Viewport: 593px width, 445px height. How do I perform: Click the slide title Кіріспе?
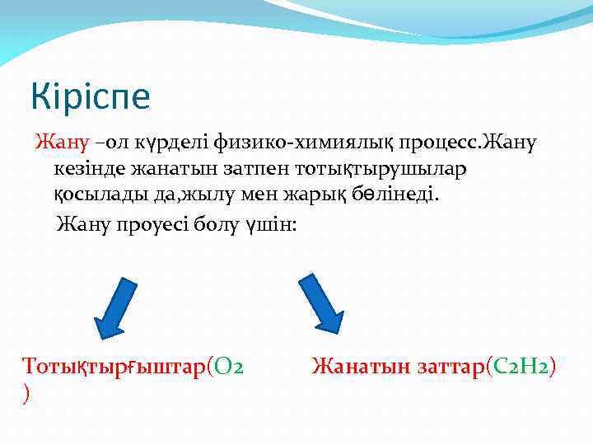pyautogui.click(x=91, y=96)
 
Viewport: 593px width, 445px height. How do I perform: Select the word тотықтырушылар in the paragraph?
pyautogui.click(x=378, y=171)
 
